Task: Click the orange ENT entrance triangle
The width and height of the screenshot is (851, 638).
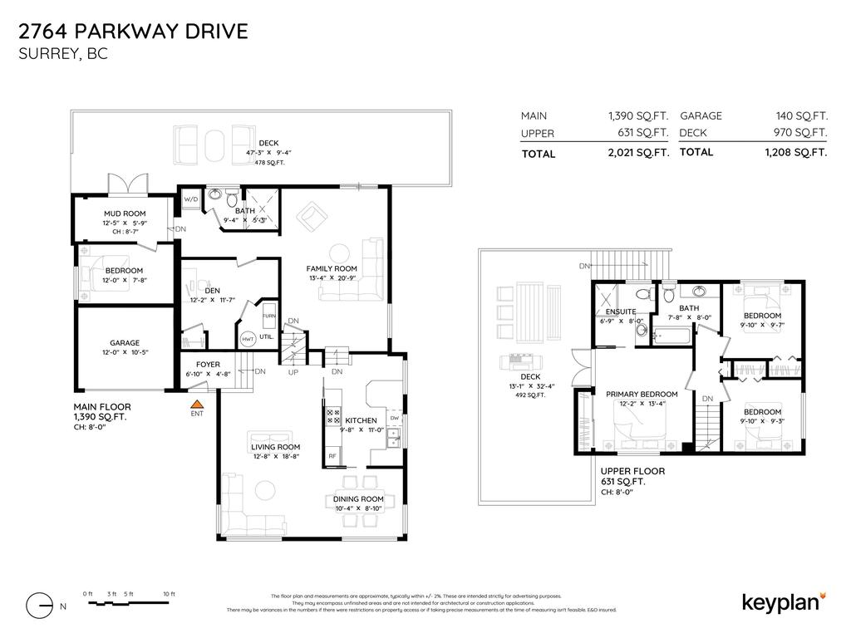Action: pyautogui.click(x=197, y=403)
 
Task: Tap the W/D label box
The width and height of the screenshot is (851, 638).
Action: pyautogui.click(x=191, y=199)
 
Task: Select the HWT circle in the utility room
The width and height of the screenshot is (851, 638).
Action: pyautogui.click(x=248, y=339)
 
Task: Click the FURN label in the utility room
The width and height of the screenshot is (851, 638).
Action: pyautogui.click(x=268, y=317)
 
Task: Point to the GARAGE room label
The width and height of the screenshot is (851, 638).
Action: pyautogui.click(x=125, y=342)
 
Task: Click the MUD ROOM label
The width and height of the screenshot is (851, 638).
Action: pyautogui.click(x=125, y=213)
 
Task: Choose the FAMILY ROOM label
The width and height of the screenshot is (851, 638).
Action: pyautogui.click(x=332, y=268)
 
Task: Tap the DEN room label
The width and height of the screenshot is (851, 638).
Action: pyautogui.click(x=212, y=290)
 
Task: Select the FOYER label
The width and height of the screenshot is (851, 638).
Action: pyautogui.click(x=208, y=365)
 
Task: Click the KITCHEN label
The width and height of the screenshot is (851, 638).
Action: pyautogui.click(x=362, y=420)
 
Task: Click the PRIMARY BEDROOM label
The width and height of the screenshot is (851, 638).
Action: pyautogui.click(x=642, y=394)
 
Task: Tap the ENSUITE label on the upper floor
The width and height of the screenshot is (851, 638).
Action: pyautogui.click(x=621, y=312)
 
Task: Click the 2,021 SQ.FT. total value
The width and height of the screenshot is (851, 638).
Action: pyautogui.click(x=638, y=153)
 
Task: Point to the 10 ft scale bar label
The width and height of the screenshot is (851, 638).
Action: pyautogui.click(x=169, y=594)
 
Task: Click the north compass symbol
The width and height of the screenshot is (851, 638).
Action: pyautogui.click(x=40, y=606)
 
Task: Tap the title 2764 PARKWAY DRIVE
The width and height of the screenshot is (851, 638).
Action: pyautogui.click(x=133, y=32)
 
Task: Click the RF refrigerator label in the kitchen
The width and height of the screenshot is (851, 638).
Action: pyautogui.click(x=332, y=455)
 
